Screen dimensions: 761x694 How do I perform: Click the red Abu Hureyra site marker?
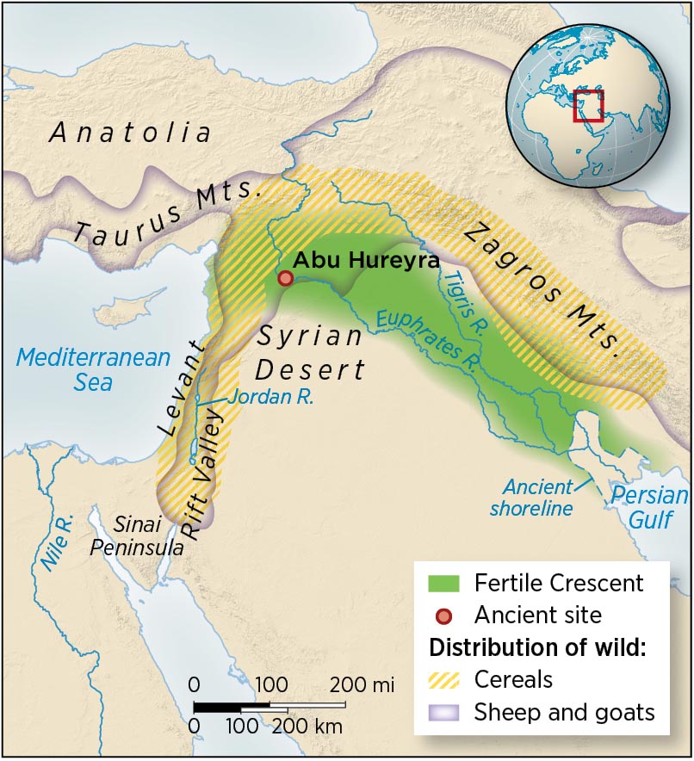click(x=285, y=278)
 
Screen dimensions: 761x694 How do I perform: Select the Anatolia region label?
click(x=130, y=133)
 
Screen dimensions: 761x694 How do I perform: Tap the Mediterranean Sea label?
click(x=94, y=368)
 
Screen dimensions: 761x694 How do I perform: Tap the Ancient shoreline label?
click(x=531, y=497)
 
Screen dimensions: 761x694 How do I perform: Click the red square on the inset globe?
click(x=588, y=105)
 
